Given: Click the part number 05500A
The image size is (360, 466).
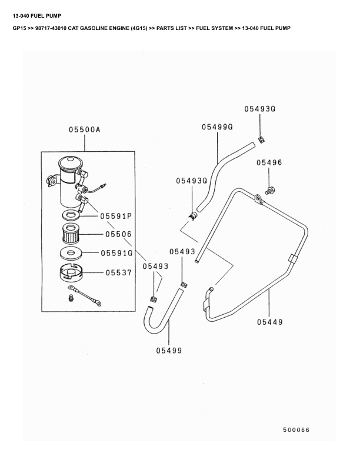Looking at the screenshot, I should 84,131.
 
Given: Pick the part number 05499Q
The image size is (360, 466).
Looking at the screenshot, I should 217,127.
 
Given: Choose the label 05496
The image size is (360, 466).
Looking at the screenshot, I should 269,162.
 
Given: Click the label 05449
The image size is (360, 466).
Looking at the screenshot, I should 270,322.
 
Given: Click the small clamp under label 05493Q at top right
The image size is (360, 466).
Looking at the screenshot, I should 261,138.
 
